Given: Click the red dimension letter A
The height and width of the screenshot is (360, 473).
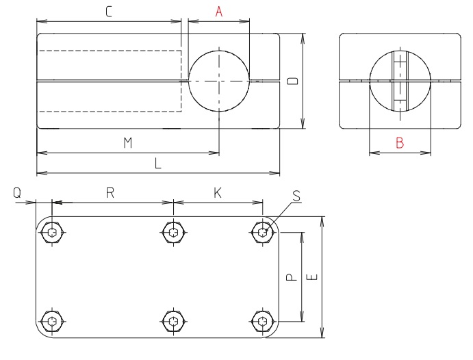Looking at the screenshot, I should point(219,12).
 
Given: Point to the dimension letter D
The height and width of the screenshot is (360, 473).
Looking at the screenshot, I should point(292,81).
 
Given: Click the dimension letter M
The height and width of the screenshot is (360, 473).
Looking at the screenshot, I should point(127,142).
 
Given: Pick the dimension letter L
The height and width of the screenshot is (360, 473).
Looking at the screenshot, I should point(158,164).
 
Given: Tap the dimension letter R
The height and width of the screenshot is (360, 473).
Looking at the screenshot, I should point(110,193).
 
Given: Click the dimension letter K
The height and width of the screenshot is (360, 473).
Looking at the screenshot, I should point(218,193).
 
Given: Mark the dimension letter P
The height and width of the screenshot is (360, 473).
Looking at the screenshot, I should point(290,277).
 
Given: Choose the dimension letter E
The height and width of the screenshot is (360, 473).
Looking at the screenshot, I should point(312,277).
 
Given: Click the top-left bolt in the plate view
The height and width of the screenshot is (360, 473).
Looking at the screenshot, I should point(53,233).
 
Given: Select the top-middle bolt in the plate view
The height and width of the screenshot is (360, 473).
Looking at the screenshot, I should point(174,233).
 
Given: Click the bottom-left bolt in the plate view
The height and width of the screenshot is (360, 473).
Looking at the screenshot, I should point(53,321).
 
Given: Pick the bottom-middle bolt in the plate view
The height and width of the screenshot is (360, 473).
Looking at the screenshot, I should point(174,321).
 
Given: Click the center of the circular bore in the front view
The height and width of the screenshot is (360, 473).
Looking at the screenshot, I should point(219,81).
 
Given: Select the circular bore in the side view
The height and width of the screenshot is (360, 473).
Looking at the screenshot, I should point(400,81).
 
